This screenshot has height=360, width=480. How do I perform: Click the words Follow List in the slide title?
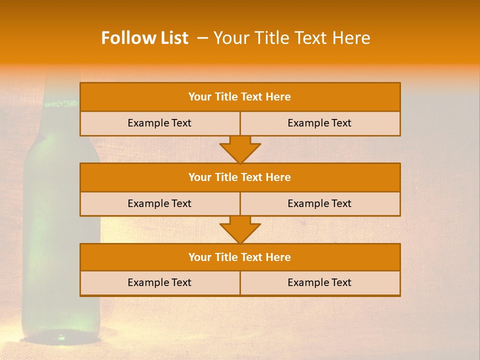tap(144, 38)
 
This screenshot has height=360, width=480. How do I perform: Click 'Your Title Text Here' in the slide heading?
tap(291, 38)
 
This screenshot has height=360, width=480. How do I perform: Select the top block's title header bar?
tap(240, 97)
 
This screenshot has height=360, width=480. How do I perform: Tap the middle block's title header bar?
tap(240, 177)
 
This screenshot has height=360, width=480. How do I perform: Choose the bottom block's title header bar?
tap(240, 257)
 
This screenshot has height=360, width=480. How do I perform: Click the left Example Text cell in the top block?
tap(159, 123)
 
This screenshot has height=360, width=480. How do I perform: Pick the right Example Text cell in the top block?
tap(319, 123)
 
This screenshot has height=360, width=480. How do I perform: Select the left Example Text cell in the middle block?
tap(159, 203)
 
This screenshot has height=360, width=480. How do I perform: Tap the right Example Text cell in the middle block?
tap(319, 203)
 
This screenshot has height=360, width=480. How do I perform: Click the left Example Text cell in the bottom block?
tap(159, 282)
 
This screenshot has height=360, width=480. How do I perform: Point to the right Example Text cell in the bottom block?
tap(319, 282)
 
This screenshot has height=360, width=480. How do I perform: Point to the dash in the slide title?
tap(202, 38)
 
